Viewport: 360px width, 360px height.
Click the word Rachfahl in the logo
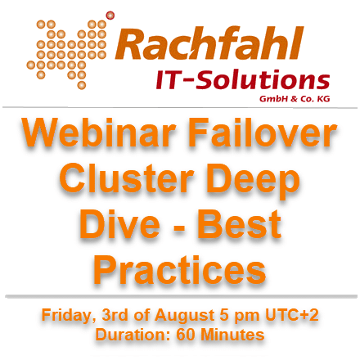(209, 43)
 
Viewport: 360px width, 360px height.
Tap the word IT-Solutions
(243, 79)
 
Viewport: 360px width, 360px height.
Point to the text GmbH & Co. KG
(295, 98)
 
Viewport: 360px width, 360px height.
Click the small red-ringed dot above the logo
(110, 16)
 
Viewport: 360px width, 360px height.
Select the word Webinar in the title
(99, 132)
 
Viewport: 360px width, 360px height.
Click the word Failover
(262, 132)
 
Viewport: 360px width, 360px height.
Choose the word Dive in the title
(119, 224)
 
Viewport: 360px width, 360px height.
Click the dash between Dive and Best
(179, 227)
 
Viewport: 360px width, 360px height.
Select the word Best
(239, 224)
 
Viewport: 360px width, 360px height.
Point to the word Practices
(180, 270)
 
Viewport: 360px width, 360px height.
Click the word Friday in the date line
(69, 316)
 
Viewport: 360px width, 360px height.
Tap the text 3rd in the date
(115, 315)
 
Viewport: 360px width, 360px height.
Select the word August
(185, 316)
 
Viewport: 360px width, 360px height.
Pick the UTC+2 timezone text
(291, 315)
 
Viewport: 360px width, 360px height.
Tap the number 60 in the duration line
(185, 335)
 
